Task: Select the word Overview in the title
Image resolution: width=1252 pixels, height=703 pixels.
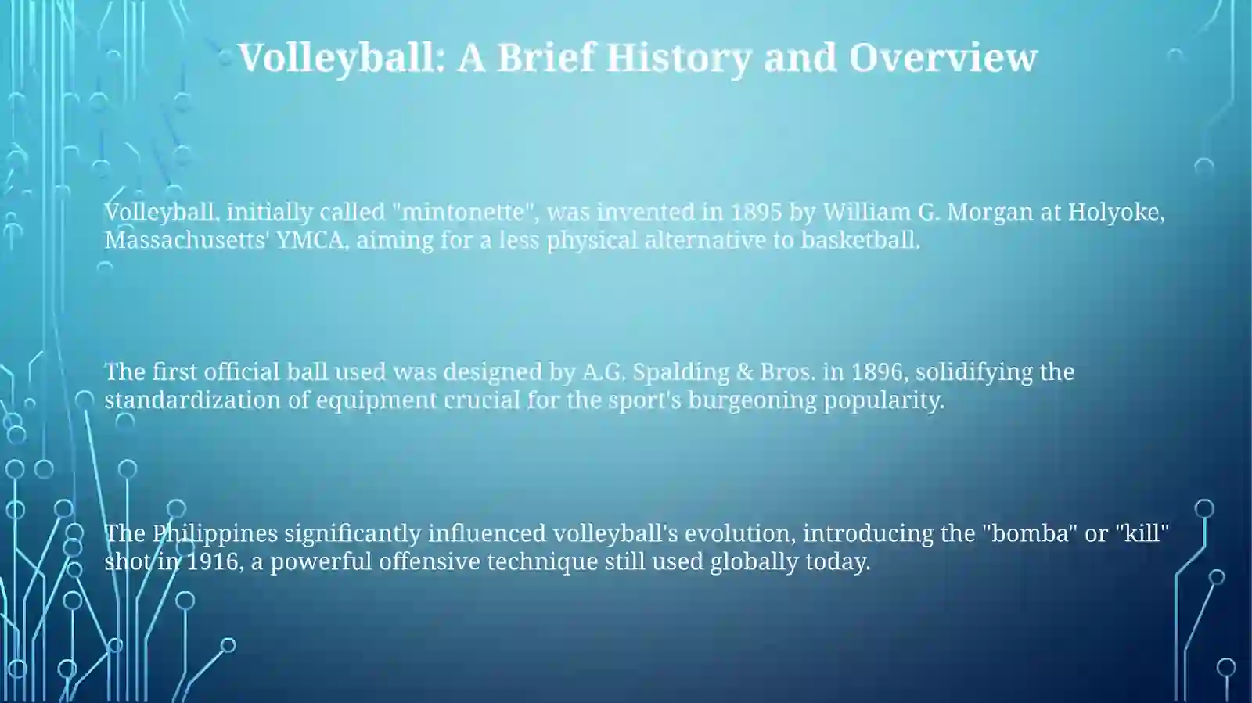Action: [x=943, y=58]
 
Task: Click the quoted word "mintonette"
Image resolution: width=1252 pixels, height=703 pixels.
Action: [x=462, y=212]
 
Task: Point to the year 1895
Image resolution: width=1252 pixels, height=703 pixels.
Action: [x=756, y=212]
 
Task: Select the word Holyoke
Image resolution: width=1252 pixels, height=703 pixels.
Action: [x=1116, y=213]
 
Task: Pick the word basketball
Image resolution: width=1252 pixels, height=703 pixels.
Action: [x=860, y=240]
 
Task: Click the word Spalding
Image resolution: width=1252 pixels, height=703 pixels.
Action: [x=681, y=372]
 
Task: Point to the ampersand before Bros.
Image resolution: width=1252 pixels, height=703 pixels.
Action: [x=744, y=372]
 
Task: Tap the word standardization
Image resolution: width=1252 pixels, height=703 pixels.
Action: [x=192, y=400]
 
